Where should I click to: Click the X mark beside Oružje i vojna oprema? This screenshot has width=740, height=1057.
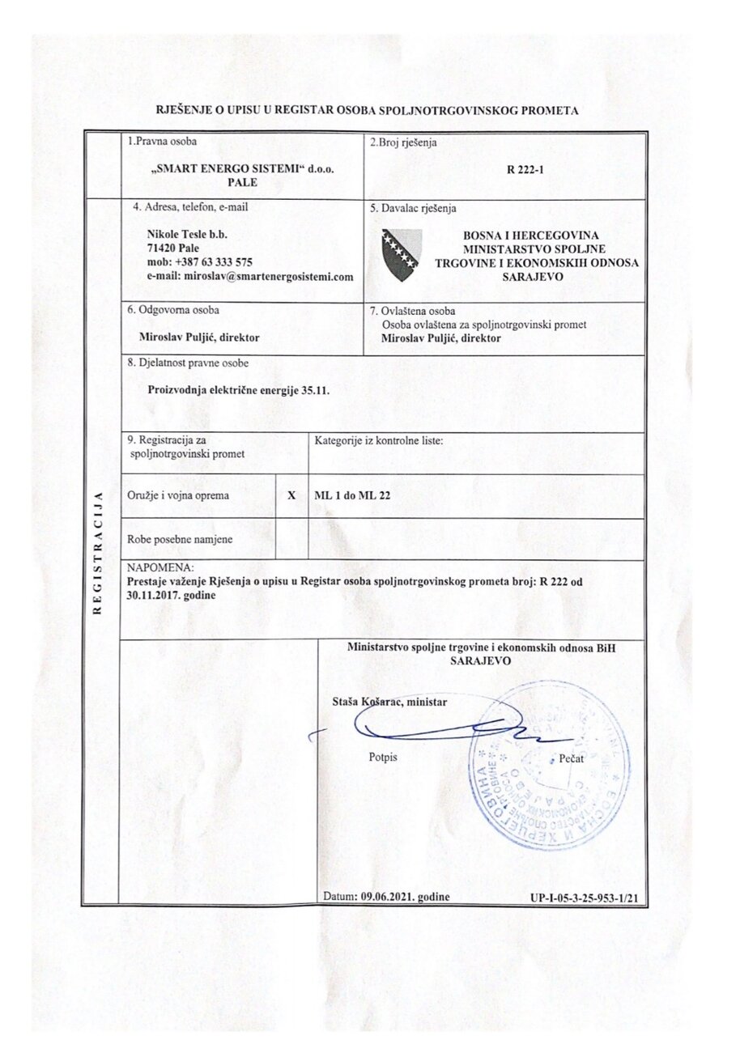coord(291,496)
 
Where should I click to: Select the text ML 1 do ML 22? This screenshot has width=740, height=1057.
coord(352,496)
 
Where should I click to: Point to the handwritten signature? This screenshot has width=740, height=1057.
coord(437,730)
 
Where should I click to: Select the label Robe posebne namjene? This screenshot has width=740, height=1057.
coord(168,539)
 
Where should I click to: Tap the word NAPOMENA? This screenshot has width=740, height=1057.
coord(155,568)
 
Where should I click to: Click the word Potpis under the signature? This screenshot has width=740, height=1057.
coord(383,757)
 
